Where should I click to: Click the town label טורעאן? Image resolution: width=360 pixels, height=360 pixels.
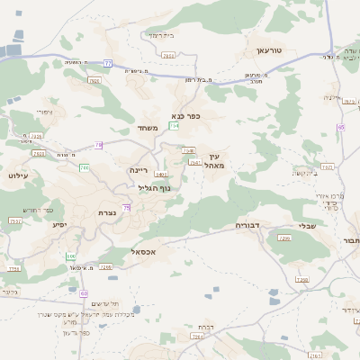(x=269, y=51)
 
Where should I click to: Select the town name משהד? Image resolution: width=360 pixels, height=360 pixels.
(x=148, y=128)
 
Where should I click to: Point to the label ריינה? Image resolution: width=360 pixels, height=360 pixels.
(x=139, y=169)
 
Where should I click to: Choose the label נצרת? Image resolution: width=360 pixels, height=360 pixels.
(x=109, y=212)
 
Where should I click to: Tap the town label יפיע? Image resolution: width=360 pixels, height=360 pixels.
(x=60, y=224)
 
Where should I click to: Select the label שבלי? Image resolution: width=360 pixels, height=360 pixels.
(x=307, y=226)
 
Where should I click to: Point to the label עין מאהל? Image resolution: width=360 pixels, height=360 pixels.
(x=213, y=160)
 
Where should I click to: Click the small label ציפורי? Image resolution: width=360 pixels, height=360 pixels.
(x=45, y=112)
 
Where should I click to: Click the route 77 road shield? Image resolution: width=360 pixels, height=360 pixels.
(x=107, y=63)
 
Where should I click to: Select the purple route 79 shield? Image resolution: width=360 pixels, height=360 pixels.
(x=98, y=144)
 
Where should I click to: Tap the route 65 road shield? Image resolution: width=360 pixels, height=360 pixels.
(x=340, y=127)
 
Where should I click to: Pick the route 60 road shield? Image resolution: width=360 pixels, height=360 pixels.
(x=84, y=293)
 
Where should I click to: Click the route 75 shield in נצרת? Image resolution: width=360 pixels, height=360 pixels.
(x=127, y=208)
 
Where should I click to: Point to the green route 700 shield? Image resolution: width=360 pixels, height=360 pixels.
(x=84, y=167)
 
